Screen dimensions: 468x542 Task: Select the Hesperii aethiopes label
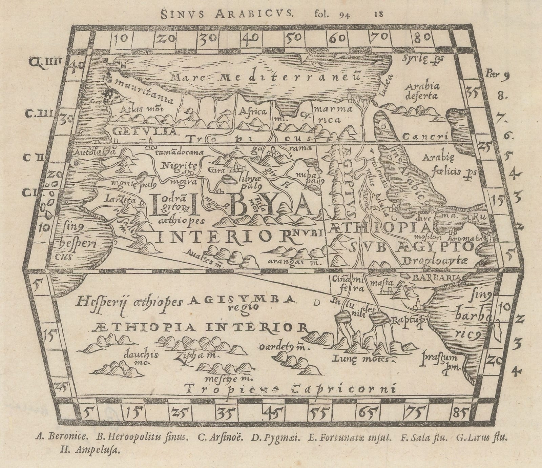pos(130,301)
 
